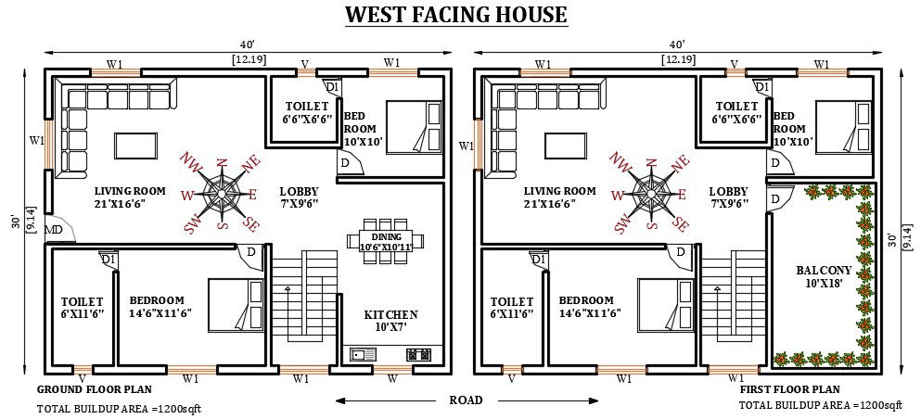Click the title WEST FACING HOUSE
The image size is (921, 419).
click(455, 15)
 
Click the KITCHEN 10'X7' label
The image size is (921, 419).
click(390, 321)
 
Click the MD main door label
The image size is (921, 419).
click(55, 230)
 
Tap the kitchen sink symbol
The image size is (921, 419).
click(361, 353)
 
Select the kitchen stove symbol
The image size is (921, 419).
click(414, 353)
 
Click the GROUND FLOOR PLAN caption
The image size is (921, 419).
click(94, 389)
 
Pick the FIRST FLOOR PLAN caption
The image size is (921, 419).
click(789, 389)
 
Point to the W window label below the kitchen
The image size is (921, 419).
click(392, 378)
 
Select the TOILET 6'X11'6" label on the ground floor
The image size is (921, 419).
click(83, 308)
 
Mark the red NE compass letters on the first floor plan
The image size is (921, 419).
click(681, 164)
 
